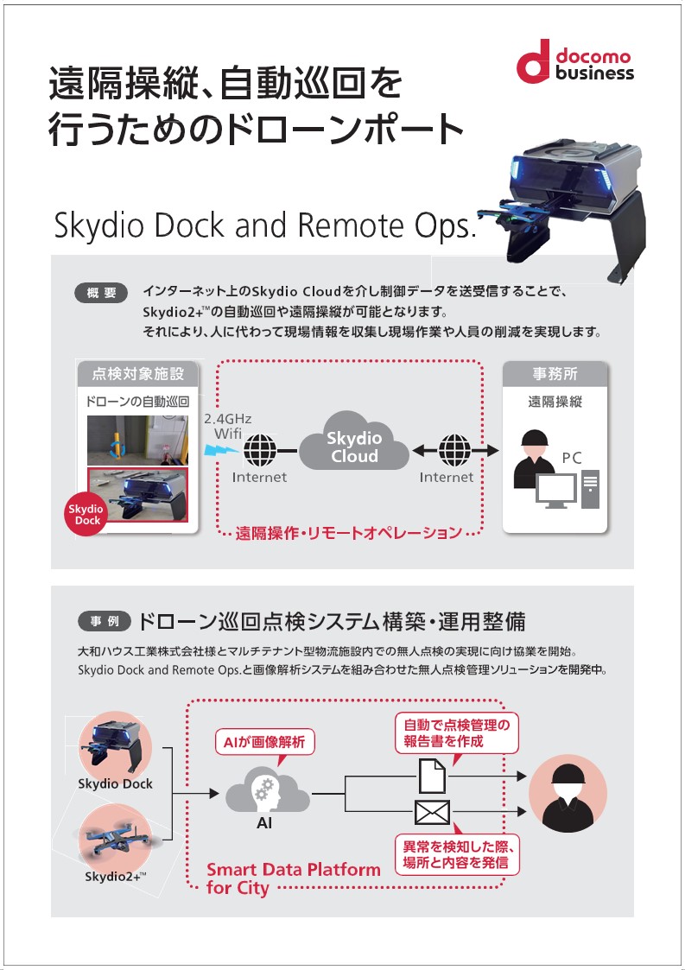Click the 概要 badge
tap(101, 293)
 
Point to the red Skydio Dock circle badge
tap(87, 515)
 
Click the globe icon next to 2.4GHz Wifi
tap(259, 449)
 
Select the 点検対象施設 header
tap(138, 375)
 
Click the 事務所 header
tap(555, 375)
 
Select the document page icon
tap(431, 775)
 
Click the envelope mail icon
tap(432, 812)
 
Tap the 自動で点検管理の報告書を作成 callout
tap(457, 732)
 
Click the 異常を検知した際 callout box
tap(457, 853)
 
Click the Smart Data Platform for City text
tap(293, 878)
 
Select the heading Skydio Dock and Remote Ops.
tap(264, 225)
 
